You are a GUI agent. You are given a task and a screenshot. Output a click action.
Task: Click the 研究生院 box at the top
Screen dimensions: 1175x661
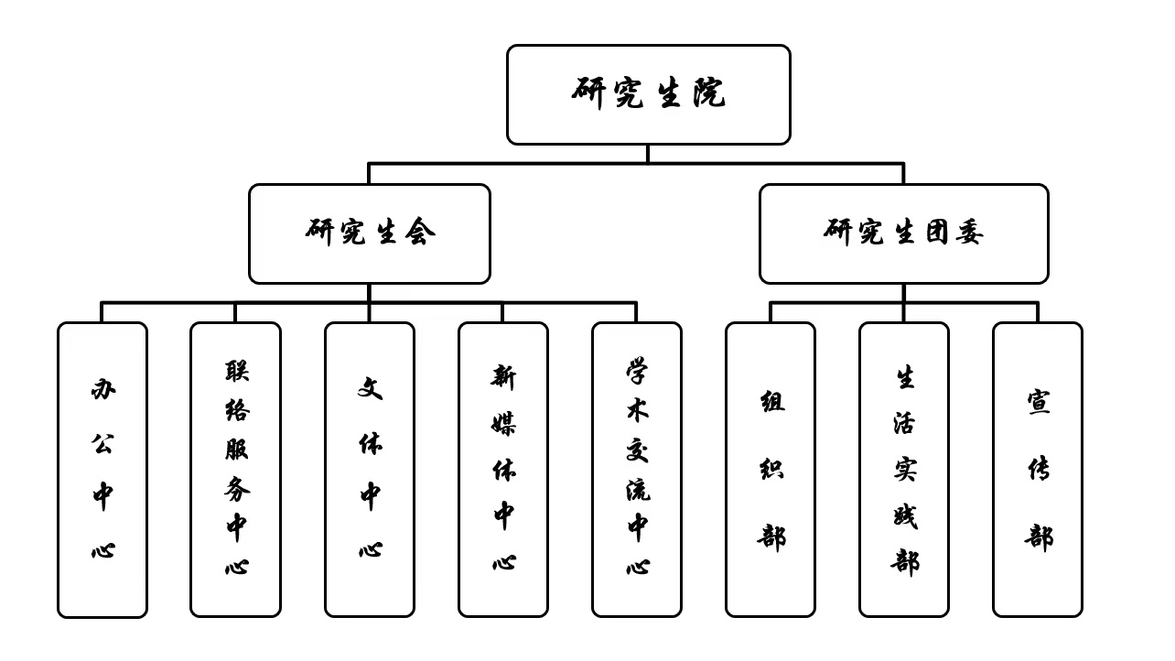tap(648, 94)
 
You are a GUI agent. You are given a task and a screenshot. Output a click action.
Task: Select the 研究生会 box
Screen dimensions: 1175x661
tap(370, 234)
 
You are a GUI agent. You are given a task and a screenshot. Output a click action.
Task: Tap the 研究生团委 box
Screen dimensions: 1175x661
tap(904, 234)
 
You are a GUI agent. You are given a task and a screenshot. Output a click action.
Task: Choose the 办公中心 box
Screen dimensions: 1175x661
tap(102, 470)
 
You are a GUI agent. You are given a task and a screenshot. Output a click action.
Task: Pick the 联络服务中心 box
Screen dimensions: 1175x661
tap(235, 470)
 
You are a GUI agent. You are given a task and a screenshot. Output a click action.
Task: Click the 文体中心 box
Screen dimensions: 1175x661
tap(370, 470)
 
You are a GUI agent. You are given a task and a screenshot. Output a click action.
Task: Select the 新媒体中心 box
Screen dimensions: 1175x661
tap(503, 470)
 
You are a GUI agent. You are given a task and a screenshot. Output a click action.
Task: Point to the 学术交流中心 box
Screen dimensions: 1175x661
tap(637, 470)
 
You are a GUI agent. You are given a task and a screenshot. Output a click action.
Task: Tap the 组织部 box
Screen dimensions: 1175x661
tap(771, 470)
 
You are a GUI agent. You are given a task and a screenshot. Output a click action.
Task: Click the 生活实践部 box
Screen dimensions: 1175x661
tap(904, 470)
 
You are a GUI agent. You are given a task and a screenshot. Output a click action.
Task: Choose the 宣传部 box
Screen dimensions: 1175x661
tap(1038, 470)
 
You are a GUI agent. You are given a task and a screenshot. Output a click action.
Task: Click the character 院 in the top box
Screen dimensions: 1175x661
tap(709, 92)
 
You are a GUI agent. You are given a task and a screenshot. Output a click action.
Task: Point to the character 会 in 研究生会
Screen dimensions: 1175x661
tap(420, 232)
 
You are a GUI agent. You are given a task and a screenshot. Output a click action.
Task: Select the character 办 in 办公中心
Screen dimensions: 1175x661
tap(103, 389)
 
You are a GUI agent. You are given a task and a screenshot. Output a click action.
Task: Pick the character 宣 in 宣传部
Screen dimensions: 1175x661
tap(1039, 402)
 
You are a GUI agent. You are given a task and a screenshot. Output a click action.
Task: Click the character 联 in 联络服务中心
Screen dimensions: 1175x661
tap(237, 371)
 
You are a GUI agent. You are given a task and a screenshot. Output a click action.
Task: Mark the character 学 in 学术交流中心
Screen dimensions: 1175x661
tap(637, 371)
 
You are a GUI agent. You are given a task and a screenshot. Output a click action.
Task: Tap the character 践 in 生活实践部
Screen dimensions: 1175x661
tap(905, 517)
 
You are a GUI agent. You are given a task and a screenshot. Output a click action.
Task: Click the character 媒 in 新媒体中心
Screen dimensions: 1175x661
tap(503, 423)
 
